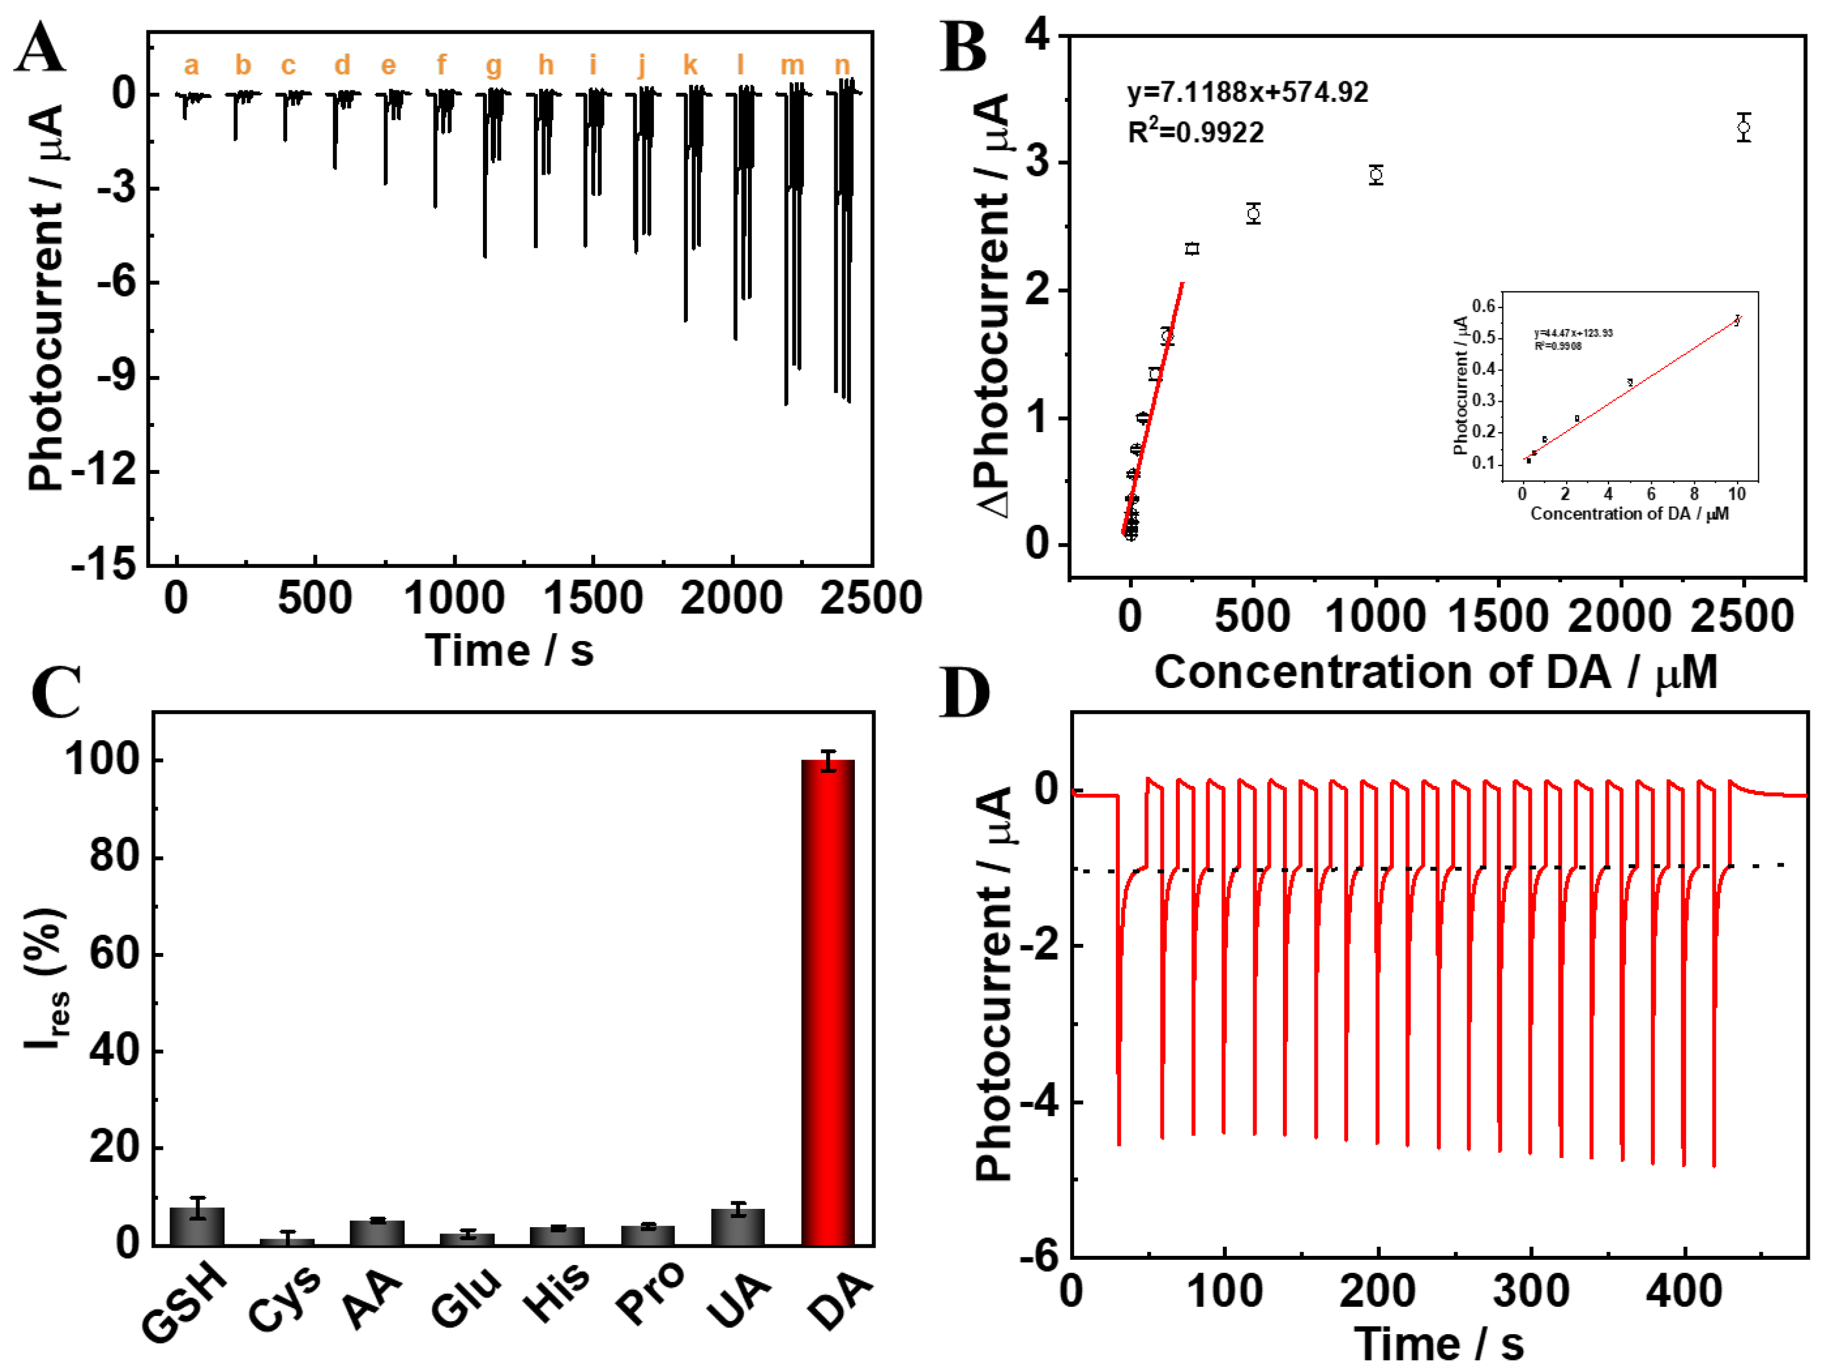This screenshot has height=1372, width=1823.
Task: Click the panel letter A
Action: coord(39,48)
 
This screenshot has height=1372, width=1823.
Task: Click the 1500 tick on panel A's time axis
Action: coord(593,599)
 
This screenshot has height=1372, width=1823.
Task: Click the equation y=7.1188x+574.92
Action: coord(1247,92)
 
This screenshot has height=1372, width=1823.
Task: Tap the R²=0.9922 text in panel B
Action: coord(1195,132)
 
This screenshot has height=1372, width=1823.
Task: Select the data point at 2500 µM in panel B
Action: coord(1742,128)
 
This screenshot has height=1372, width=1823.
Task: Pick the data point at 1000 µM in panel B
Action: coord(1376,175)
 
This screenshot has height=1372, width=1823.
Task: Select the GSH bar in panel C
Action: coord(197,1226)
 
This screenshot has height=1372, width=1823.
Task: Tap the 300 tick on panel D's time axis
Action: coord(1531,1290)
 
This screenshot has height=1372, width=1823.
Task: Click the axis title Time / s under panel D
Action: coord(1438,1343)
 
